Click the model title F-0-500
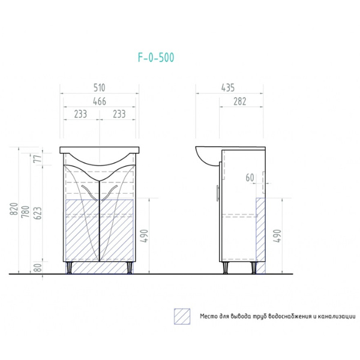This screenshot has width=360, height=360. click(x=156, y=58)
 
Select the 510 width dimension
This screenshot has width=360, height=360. click(x=100, y=88)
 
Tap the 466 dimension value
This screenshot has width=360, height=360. click(x=100, y=101)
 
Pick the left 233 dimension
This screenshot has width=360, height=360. click(x=80, y=114)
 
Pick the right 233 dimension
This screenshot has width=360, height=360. click(x=119, y=114)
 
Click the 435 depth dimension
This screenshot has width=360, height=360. click(x=228, y=88)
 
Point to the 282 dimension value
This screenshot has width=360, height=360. click(x=240, y=101)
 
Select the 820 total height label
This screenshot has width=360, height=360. click(x=14, y=209)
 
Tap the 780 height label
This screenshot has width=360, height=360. click(x=26, y=211)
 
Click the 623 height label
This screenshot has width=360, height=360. click(x=38, y=213)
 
